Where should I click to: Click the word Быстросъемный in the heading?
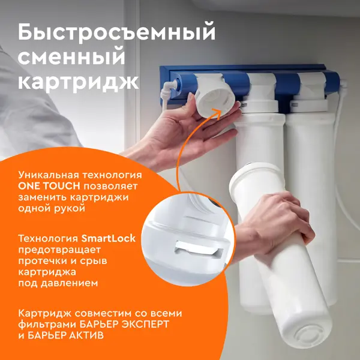point(116,32)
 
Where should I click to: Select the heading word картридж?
point(78,81)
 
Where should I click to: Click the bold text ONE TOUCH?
point(49,186)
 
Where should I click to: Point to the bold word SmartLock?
point(109,238)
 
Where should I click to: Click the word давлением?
point(70,283)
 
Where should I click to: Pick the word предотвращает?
point(59,250)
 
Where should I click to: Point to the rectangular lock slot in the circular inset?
point(199,249)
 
